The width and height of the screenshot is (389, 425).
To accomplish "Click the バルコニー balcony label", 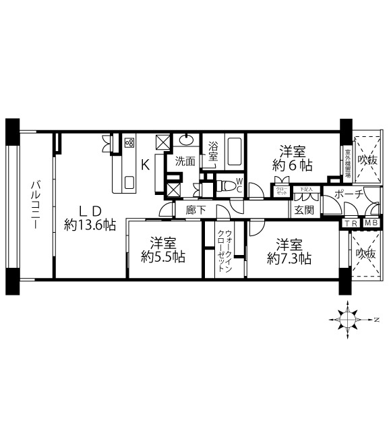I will click(x=34, y=205).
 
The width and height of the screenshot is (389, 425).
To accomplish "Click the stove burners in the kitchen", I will click(x=129, y=143).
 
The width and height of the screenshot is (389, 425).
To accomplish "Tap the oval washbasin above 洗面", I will click(x=185, y=141).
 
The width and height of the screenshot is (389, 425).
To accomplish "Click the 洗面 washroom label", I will click(x=185, y=161).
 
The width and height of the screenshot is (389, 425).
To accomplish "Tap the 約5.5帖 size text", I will click(x=164, y=250).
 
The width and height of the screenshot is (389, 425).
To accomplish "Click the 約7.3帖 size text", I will click(x=289, y=250).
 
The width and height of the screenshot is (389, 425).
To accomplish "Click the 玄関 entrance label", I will click(x=303, y=210).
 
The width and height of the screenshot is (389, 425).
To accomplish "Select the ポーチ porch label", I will click(x=349, y=194).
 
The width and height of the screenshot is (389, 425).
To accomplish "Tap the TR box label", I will click(x=351, y=224).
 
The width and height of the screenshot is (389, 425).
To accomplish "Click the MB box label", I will click(x=371, y=224).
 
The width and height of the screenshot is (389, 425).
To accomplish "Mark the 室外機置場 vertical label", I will click(x=348, y=161).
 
